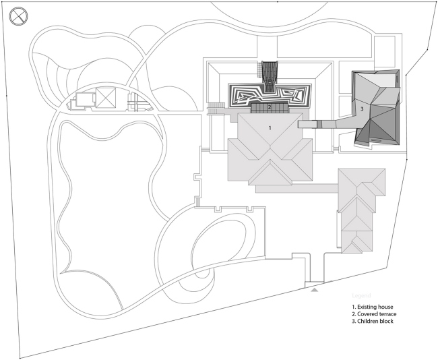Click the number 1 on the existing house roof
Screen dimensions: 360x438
pyautogui.click(x=270, y=127)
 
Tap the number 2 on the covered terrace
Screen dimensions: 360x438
pyautogui.click(x=269, y=107)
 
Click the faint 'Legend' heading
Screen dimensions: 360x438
pyautogui.click(x=361, y=295)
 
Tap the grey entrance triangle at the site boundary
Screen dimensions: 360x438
pyautogui.click(x=314, y=289)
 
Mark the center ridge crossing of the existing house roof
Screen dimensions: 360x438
pyautogui.click(x=272, y=150)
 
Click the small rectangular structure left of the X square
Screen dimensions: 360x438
pyautogui.click(x=82, y=100)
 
